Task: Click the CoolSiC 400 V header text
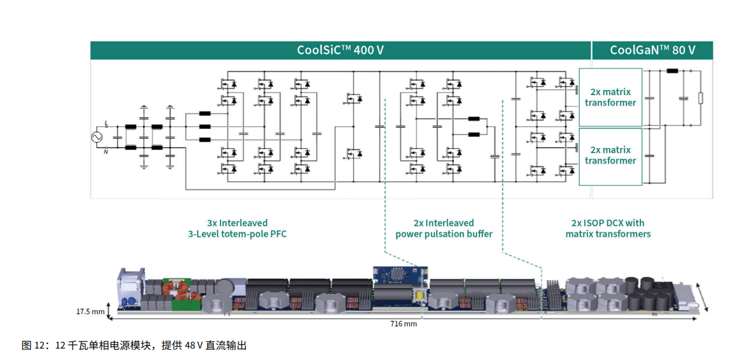(x=340, y=50)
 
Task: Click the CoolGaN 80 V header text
(x=652, y=50)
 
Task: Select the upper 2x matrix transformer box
(x=610, y=97)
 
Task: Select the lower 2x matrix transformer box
(x=610, y=155)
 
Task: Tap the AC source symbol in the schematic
(x=99, y=137)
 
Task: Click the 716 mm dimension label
(x=404, y=324)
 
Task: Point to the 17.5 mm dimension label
(x=90, y=311)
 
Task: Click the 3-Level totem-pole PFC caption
(x=237, y=234)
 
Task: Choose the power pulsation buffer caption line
(x=444, y=234)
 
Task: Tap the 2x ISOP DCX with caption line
(x=608, y=223)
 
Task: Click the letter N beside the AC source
(x=106, y=151)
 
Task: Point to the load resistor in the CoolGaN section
(x=700, y=98)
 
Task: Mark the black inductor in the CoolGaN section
(x=672, y=71)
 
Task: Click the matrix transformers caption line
(x=608, y=234)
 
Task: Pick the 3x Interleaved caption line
(x=237, y=223)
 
